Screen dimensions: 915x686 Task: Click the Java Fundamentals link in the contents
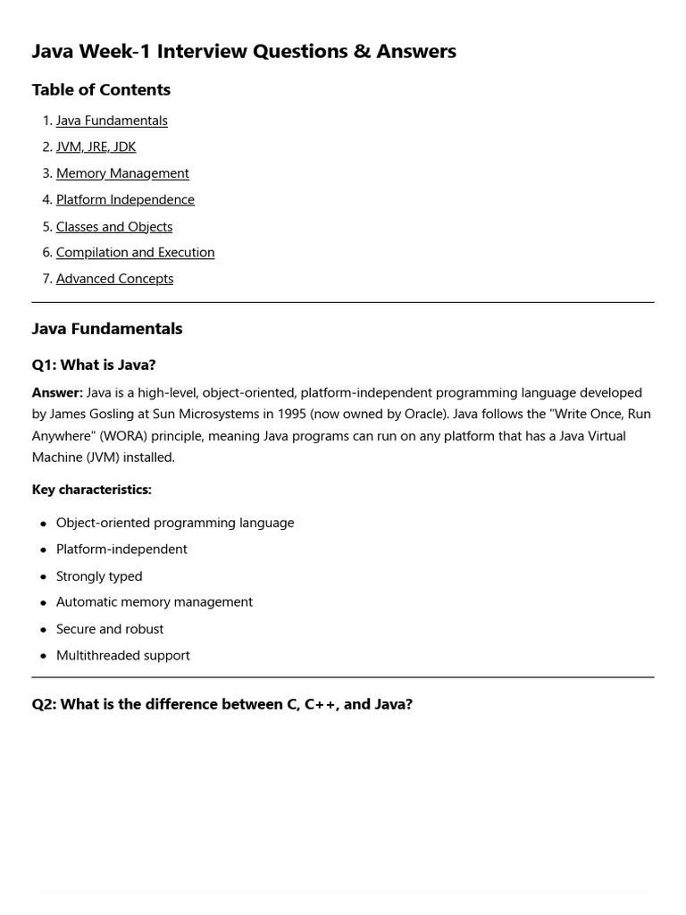(112, 121)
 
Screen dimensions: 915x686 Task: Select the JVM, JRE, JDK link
(96, 147)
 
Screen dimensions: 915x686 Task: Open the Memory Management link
(122, 173)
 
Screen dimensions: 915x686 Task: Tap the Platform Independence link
(125, 199)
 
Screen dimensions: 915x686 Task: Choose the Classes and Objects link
(114, 226)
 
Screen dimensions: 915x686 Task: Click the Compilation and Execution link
(135, 252)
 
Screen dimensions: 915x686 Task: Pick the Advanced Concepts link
(114, 279)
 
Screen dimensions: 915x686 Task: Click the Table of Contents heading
(101, 89)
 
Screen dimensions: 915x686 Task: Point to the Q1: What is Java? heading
(94, 365)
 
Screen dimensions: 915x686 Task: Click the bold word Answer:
(57, 392)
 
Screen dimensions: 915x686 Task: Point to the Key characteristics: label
(91, 490)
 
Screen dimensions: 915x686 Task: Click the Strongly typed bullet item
(99, 576)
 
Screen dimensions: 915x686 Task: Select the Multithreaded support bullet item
(123, 655)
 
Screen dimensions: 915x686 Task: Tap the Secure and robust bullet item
(110, 629)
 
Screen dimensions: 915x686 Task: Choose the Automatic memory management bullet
(155, 602)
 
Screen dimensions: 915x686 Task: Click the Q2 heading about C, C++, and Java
(222, 704)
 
